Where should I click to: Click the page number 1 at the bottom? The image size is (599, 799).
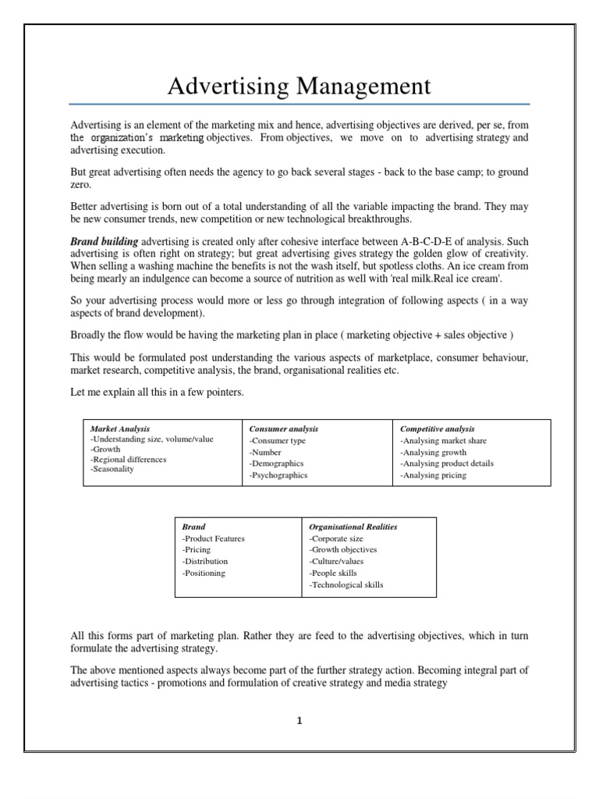click(x=299, y=721)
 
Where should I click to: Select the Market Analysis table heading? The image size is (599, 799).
click(x=120, y=429)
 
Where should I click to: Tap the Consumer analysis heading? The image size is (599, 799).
click(x=283, y=429)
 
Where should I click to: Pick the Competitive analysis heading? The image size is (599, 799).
click(x=437, y=429)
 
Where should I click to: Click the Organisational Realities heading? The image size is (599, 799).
click(x=353, y=527)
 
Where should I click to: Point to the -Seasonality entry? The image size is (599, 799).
click(x=112, y=470)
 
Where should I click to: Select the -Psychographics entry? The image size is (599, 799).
click(x=278, y=475)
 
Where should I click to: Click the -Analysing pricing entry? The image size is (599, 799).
click(x=433, y=475)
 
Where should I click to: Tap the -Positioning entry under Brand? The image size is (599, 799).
click(x=204, y=573)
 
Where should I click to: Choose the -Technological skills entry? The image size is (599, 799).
click(x=346, y=584)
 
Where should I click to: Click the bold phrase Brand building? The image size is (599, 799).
click(x=105, y=242)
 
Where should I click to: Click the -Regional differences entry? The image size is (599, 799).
click(x=129, y=460)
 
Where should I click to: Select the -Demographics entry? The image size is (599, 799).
click(x=276, y=463)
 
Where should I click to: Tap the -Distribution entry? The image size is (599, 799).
click(x=205, y=561)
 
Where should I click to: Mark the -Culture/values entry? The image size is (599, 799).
click(x=336, y=561)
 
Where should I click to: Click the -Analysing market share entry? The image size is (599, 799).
click(x=444, y=441)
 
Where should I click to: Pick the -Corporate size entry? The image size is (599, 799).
click(x=336, y=538)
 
